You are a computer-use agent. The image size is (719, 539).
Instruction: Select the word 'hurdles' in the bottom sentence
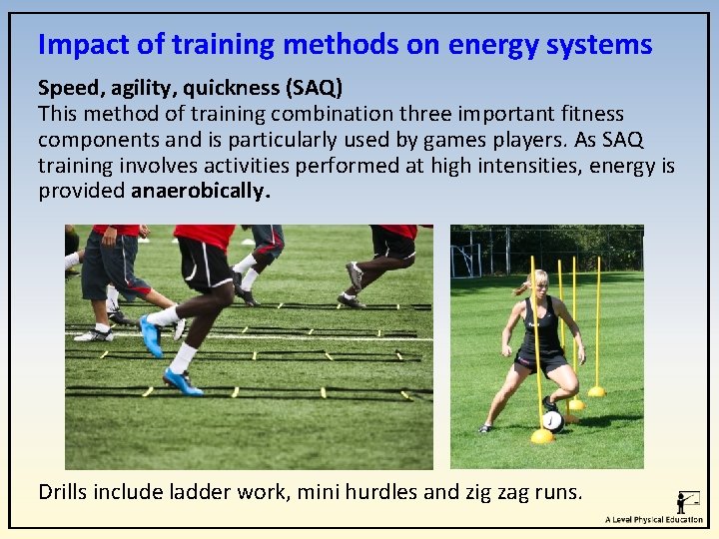point(379,491)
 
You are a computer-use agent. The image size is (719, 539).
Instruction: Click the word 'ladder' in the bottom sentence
point(205,491)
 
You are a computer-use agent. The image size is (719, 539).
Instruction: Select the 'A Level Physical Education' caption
point(654,520)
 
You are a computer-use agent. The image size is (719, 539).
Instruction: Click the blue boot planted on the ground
point(181,381)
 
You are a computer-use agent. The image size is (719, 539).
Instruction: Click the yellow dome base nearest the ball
point(542,436)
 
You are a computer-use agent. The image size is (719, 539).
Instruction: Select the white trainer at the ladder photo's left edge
point(94,335)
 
